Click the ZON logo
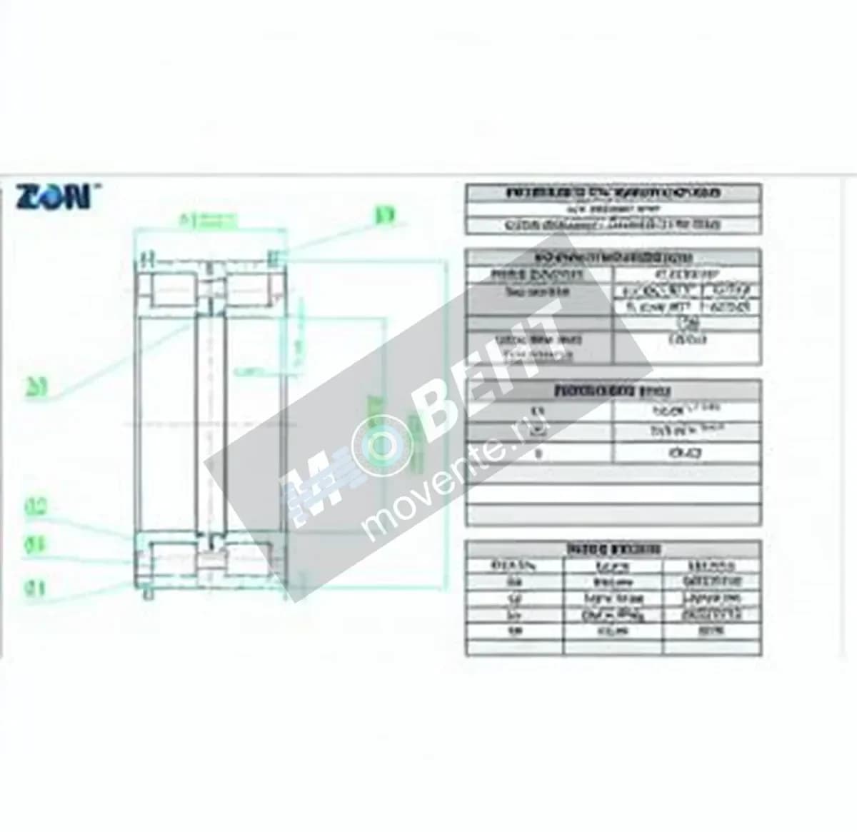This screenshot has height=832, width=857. pyautogui.click(x=53, y=196)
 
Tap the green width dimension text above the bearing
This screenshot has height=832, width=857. pyautogui.click(x=207, y=221)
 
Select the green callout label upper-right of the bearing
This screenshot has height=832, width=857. pyautogui.click(x=385, y=214)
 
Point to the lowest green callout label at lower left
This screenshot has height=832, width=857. pyautogui.click(x=36, y=588)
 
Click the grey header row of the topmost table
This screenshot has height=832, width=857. pyautogui.click(x=613, y=192)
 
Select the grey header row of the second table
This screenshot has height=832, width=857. pyautogui.click(x=613, y=257)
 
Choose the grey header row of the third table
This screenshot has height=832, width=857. pyautogui.click(x=613, y=390)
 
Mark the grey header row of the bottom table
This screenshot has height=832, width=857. pyautogui.click(x=613, y=549)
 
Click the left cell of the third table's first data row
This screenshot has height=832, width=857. pyautogui.click(x=539, y=412)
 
